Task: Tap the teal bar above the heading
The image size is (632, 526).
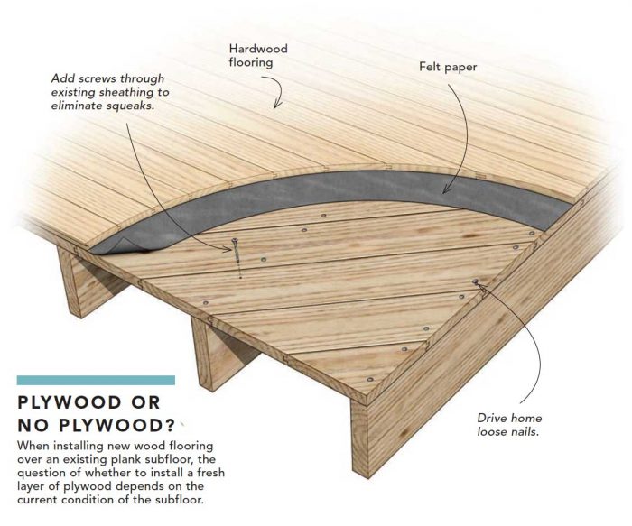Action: [96, 381]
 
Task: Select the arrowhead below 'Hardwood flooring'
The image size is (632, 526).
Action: [279, 106]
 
